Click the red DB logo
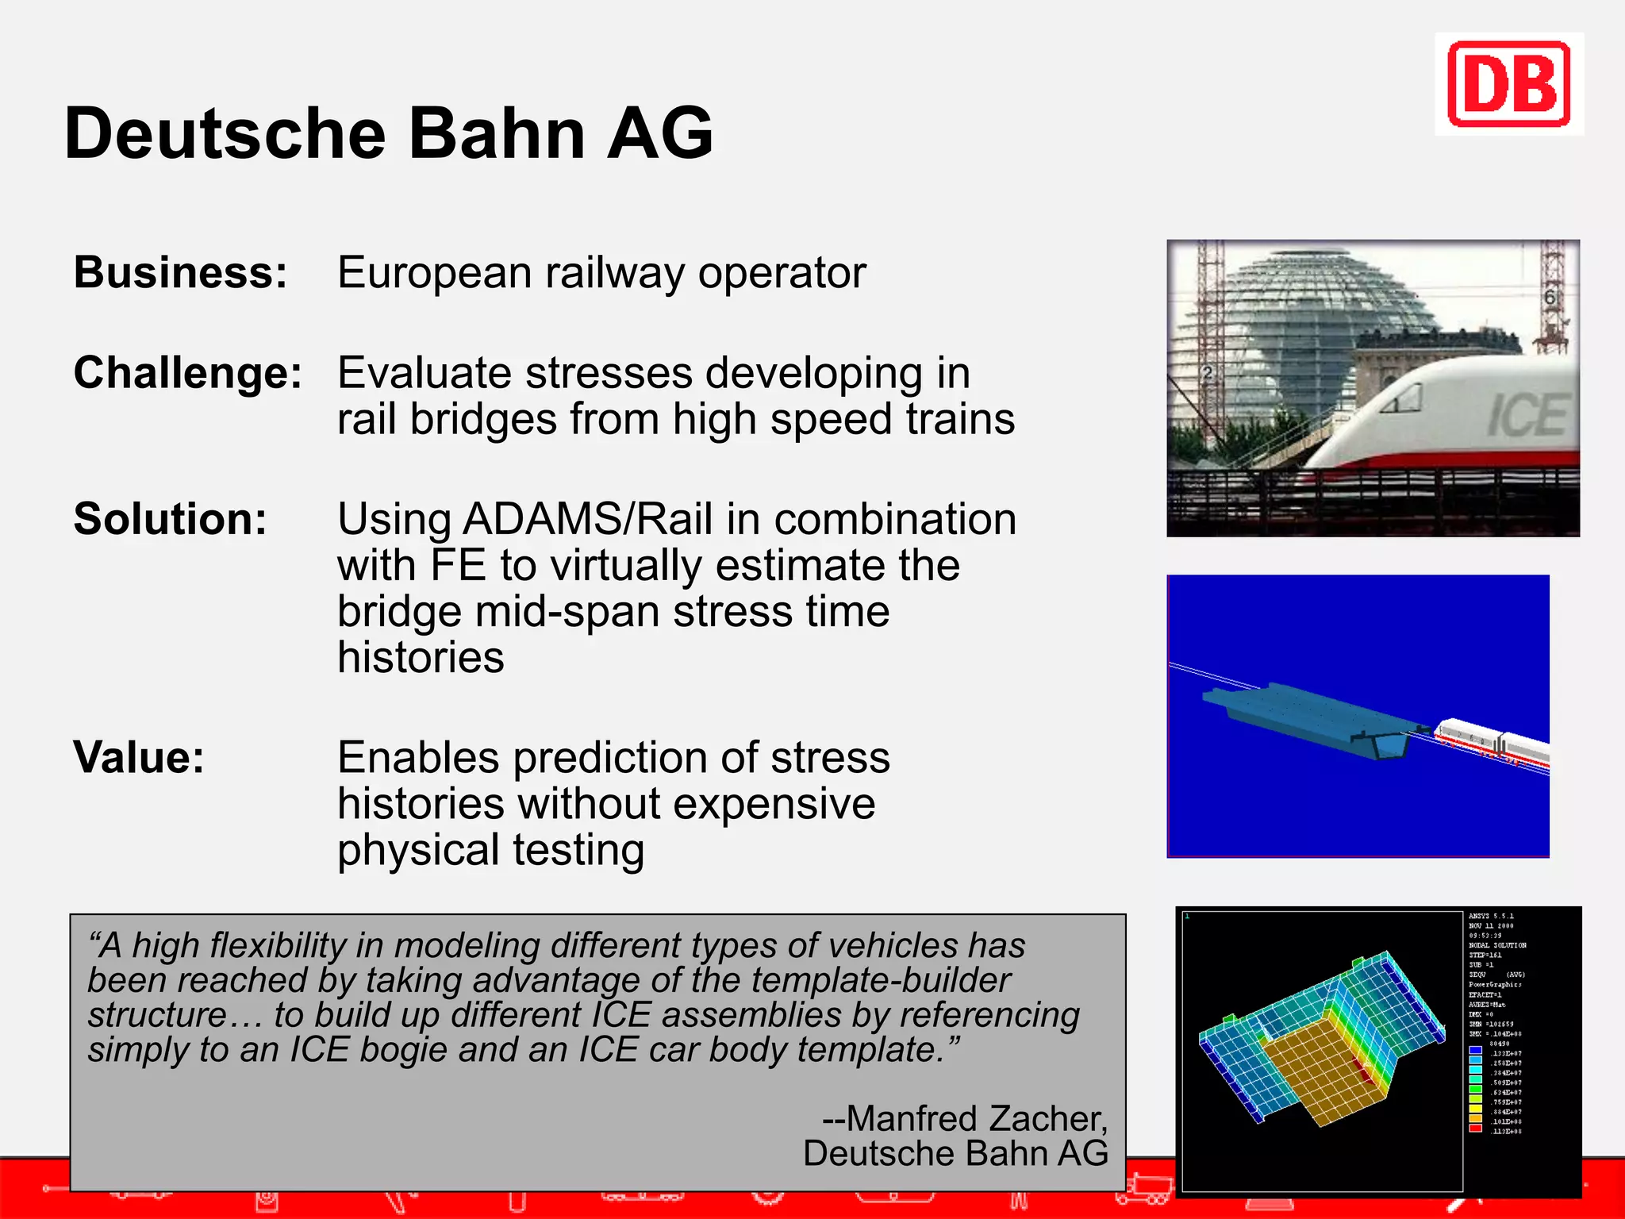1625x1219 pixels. [1508, 84]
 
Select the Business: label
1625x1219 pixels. [180, 272]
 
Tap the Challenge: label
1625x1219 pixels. [187, 372]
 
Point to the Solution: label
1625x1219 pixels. [170, 519]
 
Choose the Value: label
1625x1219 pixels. [139, 757]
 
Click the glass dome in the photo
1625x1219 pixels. [1301, 317]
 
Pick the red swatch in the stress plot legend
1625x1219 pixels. [1475, 1128]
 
